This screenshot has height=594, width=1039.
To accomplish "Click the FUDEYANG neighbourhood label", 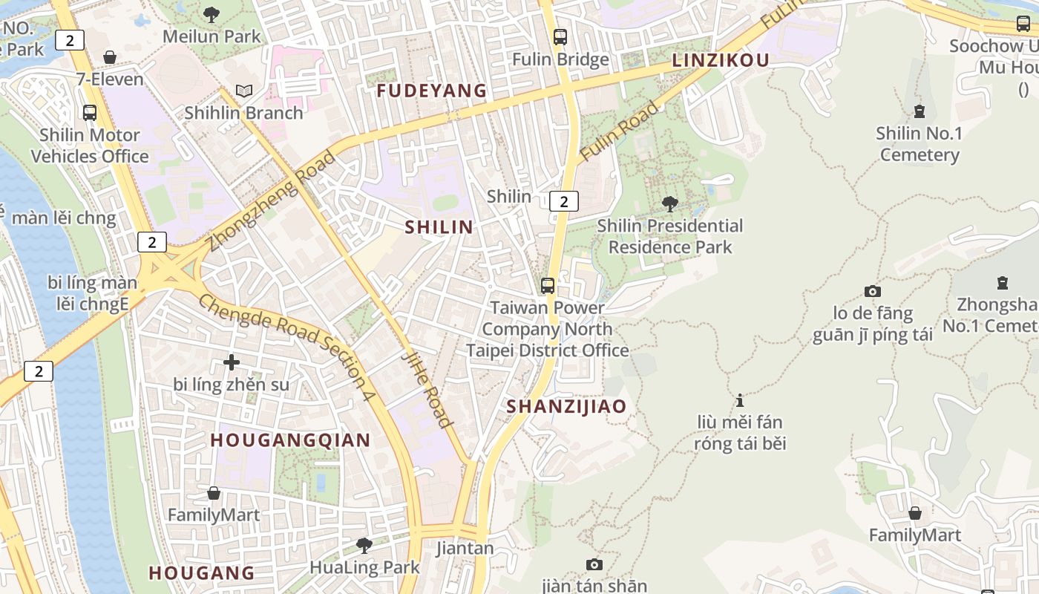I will pos(431,91).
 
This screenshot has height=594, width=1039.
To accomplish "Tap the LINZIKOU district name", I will pos(721,61).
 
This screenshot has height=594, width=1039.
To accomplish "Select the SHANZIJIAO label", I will pos(566,406).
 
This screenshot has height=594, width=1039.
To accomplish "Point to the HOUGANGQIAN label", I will pos(290,440).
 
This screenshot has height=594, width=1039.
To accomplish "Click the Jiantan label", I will pos(465,549).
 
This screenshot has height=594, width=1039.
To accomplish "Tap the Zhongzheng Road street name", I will pos(272,200).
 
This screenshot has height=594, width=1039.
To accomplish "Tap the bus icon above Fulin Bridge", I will pos(560,36).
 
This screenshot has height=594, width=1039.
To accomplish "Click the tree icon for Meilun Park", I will pos(212,13).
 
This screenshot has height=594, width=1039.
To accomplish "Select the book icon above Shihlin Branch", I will pos(244,91).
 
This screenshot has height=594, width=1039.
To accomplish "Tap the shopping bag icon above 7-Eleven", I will pos(110,57).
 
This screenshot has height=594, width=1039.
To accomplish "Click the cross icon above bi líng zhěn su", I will pos(232,362).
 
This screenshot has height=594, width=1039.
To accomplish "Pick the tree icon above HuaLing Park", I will pos(364,546).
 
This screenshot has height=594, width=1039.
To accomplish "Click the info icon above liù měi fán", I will pos(739,400).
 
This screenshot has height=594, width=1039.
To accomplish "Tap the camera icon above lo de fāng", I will pos(872,292).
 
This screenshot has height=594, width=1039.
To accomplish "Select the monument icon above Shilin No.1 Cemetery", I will pos(920,111).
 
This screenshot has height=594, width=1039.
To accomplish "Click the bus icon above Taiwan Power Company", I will pos(548,285).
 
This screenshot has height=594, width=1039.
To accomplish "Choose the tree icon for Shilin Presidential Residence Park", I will pos(670,203).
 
